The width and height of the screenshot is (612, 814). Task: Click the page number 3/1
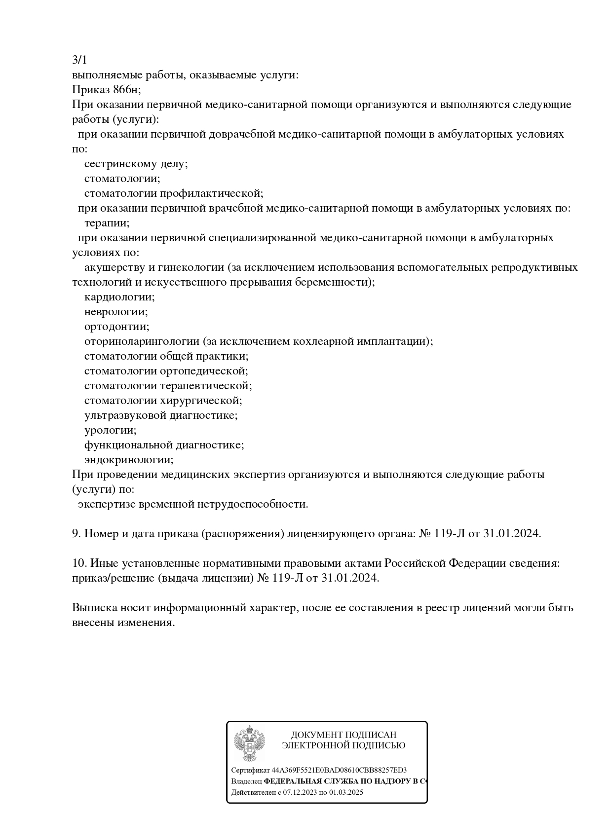[x=79, y=60]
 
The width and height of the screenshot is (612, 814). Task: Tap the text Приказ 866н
[x=106, y=90]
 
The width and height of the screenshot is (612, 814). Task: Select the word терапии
[x=107, y=223]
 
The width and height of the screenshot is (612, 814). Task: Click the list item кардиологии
[x=119, y=297]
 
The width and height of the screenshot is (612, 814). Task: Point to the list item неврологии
[x=116, y=312]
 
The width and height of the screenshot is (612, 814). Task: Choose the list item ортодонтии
[x=116, y=327]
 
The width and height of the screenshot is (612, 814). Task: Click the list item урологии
[x=110, y=430]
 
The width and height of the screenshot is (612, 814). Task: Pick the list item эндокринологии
[x=129, y=460]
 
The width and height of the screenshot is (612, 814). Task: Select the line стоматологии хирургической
[x=163, y=401]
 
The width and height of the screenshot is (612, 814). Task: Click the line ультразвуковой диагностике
[x=161, y=415]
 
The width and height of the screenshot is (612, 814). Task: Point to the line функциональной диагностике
[x=164, y=445]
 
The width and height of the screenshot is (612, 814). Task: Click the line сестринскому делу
[x=136, y=164]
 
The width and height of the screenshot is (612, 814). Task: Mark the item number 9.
[x=76, y=534]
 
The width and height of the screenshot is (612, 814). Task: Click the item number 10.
[x=79, y=563]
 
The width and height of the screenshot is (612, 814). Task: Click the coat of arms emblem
[x=249, y=743]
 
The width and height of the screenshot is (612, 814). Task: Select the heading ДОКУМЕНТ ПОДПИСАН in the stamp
[x=344, y=735]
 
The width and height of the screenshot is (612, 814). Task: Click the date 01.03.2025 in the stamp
[x=346, y=792]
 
